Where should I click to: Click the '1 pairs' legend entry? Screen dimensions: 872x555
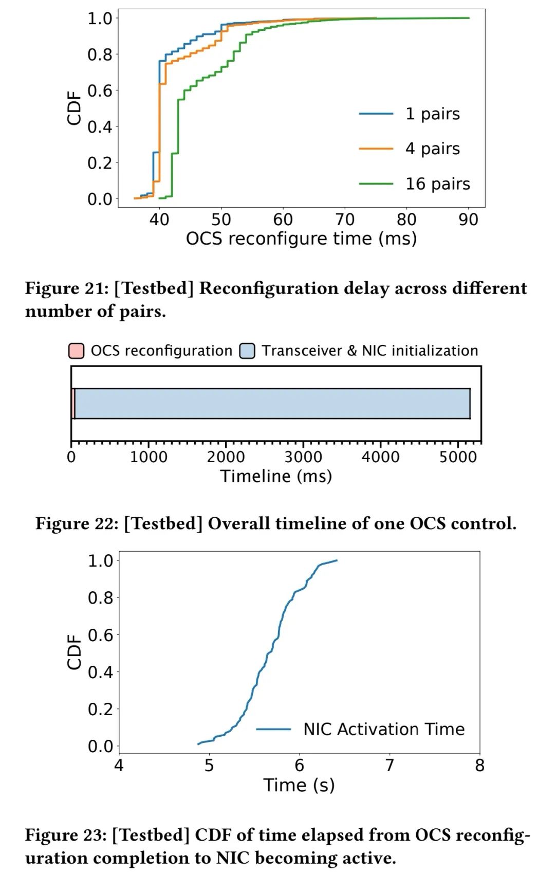[x=432, y=114]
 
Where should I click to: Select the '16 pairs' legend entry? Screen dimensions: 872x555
[x=437, y=184]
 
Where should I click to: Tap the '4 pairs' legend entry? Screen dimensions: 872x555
[x=432, y=149]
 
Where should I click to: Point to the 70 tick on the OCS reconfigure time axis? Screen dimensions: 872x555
[x=345, y=220]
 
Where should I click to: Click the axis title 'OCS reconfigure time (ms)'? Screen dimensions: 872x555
[x=301, y=239]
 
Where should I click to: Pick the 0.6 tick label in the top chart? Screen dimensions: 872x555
[x=100, y=90]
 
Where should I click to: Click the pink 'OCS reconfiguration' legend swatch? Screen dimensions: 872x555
[x=76, y=351]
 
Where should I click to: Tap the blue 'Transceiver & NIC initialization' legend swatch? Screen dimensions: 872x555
[x=247, y=351]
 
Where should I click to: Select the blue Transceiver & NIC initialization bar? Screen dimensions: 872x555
[x=272, y=404]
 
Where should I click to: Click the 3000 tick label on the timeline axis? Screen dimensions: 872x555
[x=303, y=457]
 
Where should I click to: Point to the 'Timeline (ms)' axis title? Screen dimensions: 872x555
[x=276, y=476]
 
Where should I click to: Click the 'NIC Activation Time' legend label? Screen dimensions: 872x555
[x=384, y=729]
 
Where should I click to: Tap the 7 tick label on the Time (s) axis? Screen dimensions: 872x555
[x=390, y=766]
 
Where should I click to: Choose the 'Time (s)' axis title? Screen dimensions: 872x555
[x=299, y=785]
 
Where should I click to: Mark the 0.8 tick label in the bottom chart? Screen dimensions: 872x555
[x=100, y=597]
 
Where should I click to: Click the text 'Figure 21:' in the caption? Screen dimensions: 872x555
[x=67, y=288]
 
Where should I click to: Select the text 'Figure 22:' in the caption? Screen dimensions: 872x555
[x=77, y=523]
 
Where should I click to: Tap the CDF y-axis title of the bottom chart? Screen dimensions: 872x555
[x=75, y=651]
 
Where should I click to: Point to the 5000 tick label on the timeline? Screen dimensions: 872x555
[x=457, y=457]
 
